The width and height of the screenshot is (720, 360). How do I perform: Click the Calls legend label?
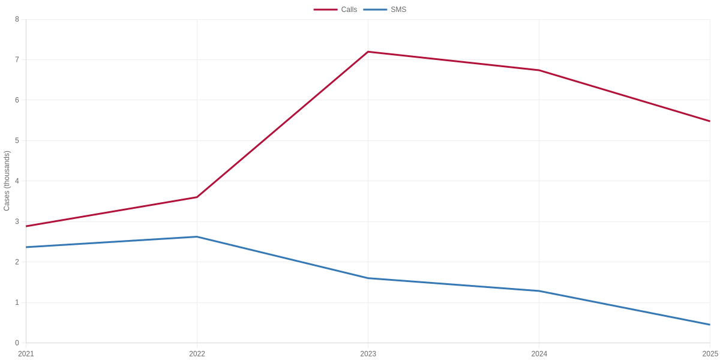[x=349, y=10]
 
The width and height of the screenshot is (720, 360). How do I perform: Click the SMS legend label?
[x=398, y=10]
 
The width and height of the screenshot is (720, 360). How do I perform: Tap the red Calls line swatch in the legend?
[x=326, y=10]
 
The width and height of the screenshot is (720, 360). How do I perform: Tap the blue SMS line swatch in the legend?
[x=375, y=10]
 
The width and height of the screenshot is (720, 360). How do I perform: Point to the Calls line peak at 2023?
[x=368, y=52]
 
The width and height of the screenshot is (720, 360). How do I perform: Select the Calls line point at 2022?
[x=197, y=197]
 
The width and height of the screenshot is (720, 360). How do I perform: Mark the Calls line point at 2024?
[x=539, y=70]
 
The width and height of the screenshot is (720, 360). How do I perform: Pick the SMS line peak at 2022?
[x=197, y=237]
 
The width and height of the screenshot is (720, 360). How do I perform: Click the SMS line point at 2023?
[x=368, y=278]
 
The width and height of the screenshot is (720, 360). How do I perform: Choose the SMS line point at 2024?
[x=539, y=291]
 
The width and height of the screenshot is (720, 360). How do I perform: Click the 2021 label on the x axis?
[x=26, y=354]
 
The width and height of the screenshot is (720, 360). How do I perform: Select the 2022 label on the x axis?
[x=197, y=354]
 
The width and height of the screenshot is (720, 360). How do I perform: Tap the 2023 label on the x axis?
[x=368, y=354]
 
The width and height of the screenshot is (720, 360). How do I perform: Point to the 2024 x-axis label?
[x=539, y=354]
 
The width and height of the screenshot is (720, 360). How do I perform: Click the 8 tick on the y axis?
[x=17, y=19]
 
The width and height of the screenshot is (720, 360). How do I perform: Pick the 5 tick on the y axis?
[x=17, y=140]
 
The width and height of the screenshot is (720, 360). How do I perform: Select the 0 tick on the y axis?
[x=17, y=343]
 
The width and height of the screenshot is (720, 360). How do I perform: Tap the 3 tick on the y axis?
[x=17, y=221]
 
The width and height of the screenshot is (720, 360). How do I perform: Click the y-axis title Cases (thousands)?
[x=7, y=181]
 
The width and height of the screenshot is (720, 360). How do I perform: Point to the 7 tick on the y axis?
[x=17, y=59]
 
